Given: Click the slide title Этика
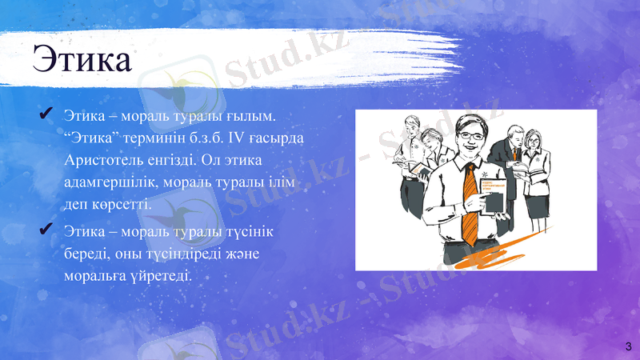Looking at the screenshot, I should tap(82, 59).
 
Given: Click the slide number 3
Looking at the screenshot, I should tap(628, 346).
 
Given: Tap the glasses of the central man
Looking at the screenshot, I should tap(470, 134).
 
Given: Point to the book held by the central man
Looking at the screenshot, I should tap(492, 195).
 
